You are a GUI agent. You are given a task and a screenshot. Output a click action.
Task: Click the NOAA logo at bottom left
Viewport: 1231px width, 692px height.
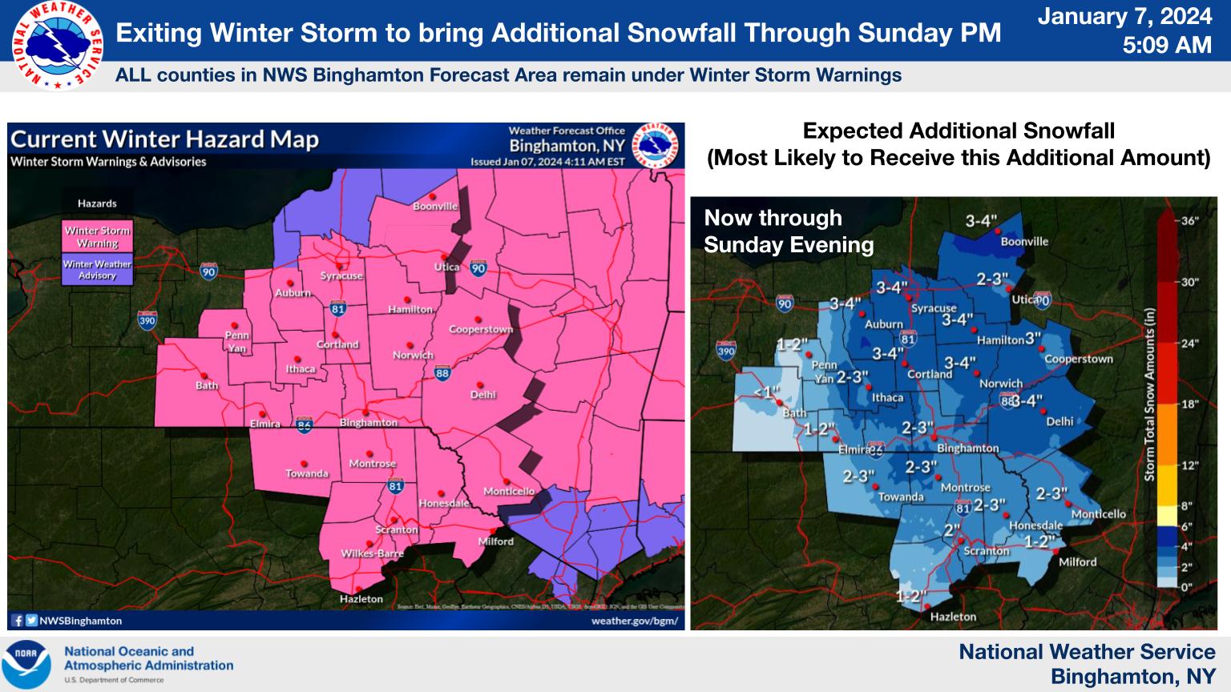tap(26, 665)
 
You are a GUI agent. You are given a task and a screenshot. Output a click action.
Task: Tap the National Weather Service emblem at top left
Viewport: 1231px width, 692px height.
tap(56, 46)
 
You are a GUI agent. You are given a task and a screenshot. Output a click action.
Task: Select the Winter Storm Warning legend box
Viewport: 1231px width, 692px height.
tap(98, 237)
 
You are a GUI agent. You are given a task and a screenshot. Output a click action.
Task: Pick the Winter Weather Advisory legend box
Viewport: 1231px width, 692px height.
tap(98, 270)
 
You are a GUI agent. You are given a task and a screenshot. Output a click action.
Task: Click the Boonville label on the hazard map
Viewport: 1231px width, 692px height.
tap(435, 207)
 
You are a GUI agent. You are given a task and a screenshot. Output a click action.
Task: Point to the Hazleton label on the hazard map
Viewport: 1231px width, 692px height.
tap(361, 598)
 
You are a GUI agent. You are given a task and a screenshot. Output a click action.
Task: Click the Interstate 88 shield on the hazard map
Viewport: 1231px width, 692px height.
tap(442, 372)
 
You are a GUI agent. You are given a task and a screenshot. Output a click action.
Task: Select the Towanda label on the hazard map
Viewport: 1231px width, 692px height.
tap(307, 473)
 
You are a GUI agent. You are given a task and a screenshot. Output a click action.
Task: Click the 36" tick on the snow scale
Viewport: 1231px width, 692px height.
tap(1189, 221)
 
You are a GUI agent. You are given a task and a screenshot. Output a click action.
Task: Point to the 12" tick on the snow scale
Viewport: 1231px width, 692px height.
tap(1189, 465)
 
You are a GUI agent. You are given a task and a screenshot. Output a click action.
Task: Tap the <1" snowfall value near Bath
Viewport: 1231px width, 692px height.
tap(767, 392)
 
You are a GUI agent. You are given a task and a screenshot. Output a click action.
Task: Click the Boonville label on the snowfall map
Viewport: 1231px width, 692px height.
tap(1024, 241)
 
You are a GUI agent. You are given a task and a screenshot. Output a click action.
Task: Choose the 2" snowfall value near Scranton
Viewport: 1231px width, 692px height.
tap(951, 530)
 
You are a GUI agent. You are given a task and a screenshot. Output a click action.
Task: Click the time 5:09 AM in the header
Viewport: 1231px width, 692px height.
tap(1166, 46)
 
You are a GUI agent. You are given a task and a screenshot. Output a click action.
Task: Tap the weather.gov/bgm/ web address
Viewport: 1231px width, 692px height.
tap(634, 621)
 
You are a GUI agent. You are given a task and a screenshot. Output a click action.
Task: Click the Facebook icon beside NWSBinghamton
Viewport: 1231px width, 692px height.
tap(18, 621)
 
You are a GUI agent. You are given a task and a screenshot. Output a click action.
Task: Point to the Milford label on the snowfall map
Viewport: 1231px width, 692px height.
tap(1077, 562)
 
